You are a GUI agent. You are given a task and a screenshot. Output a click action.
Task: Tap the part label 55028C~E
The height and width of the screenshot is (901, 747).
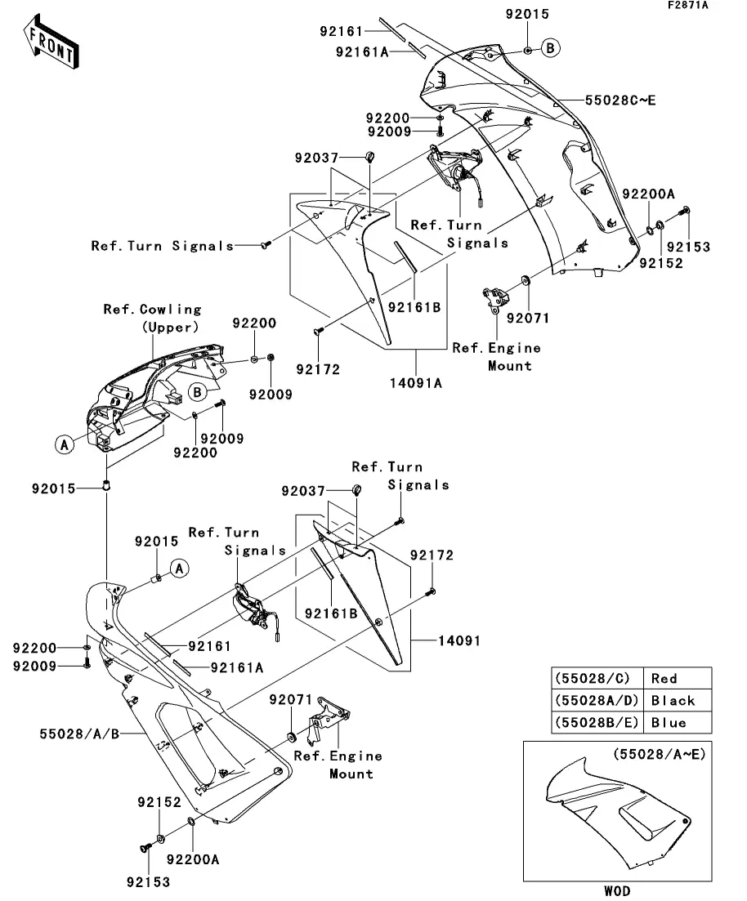pyautogui.click(x=620, y=101)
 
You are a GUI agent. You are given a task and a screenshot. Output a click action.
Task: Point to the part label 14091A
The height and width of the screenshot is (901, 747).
pyautogui.click(x=420, y=381)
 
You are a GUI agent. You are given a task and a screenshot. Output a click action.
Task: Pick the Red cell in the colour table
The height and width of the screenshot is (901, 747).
pyautogui.click(x=664, y=678)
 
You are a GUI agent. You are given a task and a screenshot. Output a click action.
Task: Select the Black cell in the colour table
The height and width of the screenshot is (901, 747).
pyautogui.click(x=673, y=700)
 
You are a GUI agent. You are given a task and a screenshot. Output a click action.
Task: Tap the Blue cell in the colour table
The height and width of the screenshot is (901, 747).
pyautogui.click(x=669, y=722)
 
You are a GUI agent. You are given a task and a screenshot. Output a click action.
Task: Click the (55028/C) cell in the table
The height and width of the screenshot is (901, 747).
pyautogui.click(x=593, y=678)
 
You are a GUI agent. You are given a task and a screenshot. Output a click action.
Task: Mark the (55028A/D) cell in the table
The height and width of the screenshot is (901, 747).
pyautogui.click(x=597, y=700)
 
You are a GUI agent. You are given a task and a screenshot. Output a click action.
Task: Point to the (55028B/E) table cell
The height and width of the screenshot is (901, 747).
pyautogui.click(x=597, y=722)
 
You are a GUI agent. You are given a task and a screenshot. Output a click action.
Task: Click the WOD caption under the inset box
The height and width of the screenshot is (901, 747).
pyautogui.click(x=617, y=890)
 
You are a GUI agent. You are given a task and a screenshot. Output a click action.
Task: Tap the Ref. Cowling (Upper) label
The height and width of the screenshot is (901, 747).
pyautogui.click(x=152, y=318)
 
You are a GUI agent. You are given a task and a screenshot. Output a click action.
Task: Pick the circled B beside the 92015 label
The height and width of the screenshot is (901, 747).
pyautogui.click(x=550, y=49)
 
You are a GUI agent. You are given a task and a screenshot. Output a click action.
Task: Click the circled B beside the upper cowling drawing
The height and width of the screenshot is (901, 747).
pyautogui.click(x=198, y=392)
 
